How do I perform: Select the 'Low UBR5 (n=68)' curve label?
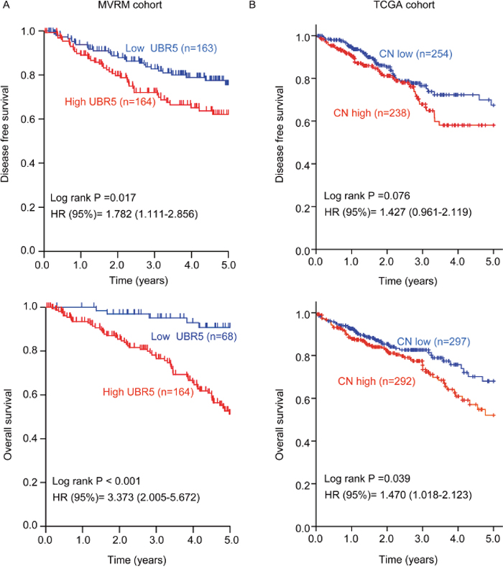click(193, 337)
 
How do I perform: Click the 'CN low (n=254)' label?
click(416, 55)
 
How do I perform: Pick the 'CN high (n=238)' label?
click(372, 112)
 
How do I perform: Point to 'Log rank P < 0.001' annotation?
click(93, 478)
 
